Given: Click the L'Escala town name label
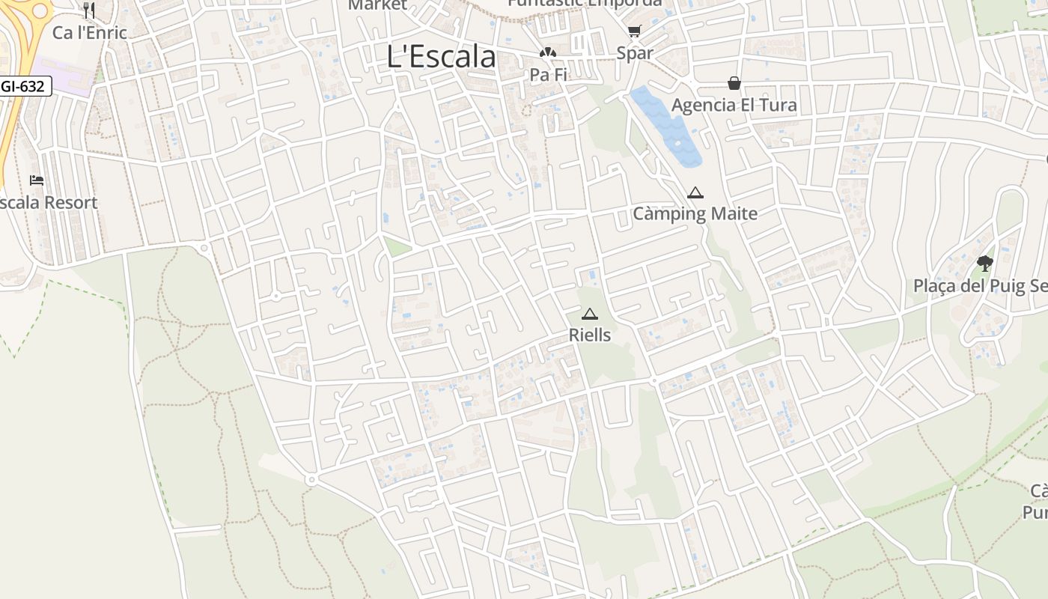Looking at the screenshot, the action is click(441, 57).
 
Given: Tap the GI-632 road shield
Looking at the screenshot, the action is click(24, 86).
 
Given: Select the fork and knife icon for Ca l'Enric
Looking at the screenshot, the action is click(89, 10).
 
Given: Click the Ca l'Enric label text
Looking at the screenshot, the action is click(89, 33).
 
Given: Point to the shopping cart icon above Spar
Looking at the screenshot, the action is click(635, 31).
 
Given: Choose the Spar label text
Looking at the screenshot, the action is click(635, 53).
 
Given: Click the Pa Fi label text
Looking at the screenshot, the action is click(548, 75).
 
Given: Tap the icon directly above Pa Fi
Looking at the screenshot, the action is click(548, 52).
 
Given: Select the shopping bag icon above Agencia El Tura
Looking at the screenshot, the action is click(734, 82).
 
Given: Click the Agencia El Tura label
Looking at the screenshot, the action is click(734, 105).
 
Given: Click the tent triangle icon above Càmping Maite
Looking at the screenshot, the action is click(695, 192).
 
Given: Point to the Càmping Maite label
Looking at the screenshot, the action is click(695, 214).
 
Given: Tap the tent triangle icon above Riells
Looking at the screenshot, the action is click(590, 314).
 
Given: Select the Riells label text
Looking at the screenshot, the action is click(590, 335).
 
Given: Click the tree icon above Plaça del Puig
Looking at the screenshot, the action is click(985, 263).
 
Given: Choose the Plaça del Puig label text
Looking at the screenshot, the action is click(979, 286).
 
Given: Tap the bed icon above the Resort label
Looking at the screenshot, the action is click(37, 180).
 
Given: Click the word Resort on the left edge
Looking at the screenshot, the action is click(70, 203).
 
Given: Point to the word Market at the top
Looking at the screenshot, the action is click(378, 5).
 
